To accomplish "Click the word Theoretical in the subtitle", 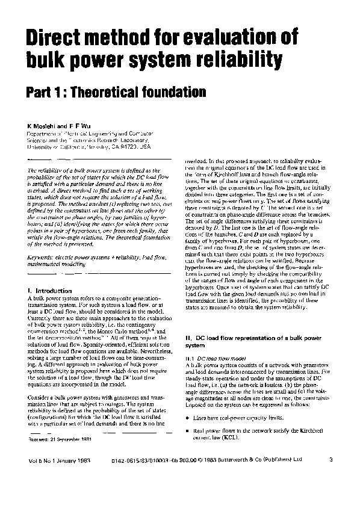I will coord(122,92).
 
